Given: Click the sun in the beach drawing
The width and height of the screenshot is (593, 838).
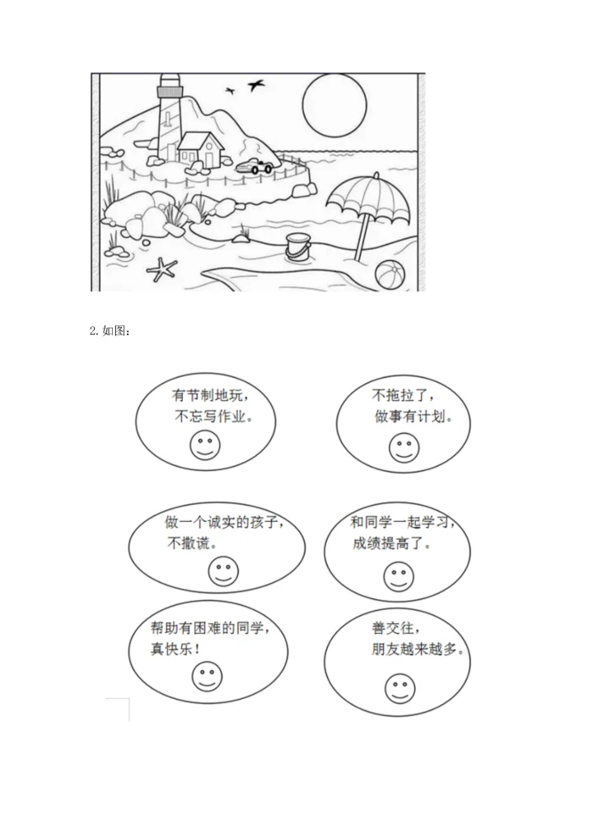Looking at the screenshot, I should (x=333, y=102).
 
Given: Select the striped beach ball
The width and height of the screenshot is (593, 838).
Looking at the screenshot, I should (x=389, y=273).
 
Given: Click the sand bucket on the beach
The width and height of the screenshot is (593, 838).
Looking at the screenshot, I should (x=298, y=245).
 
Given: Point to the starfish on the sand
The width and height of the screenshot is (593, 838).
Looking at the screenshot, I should (x=162, y=267).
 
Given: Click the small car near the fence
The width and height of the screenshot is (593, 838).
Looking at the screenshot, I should (x=256, y=165).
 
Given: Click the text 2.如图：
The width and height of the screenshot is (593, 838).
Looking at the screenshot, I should (x=109, y=332).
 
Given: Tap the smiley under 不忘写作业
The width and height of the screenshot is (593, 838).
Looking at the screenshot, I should (x=205, y=446).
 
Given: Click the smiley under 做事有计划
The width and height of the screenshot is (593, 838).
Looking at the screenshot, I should (x=404, y=448).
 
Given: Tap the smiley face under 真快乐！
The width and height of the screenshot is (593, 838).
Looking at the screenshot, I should (x=207, y=676).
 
